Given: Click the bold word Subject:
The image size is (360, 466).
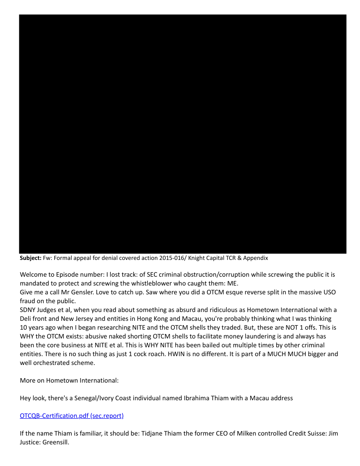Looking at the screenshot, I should point(30,258).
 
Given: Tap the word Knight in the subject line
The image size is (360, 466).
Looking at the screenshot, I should point(192,258).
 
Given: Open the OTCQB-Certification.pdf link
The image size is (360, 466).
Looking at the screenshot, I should point(71,415).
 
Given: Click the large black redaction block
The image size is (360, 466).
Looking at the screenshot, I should point(182,134).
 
